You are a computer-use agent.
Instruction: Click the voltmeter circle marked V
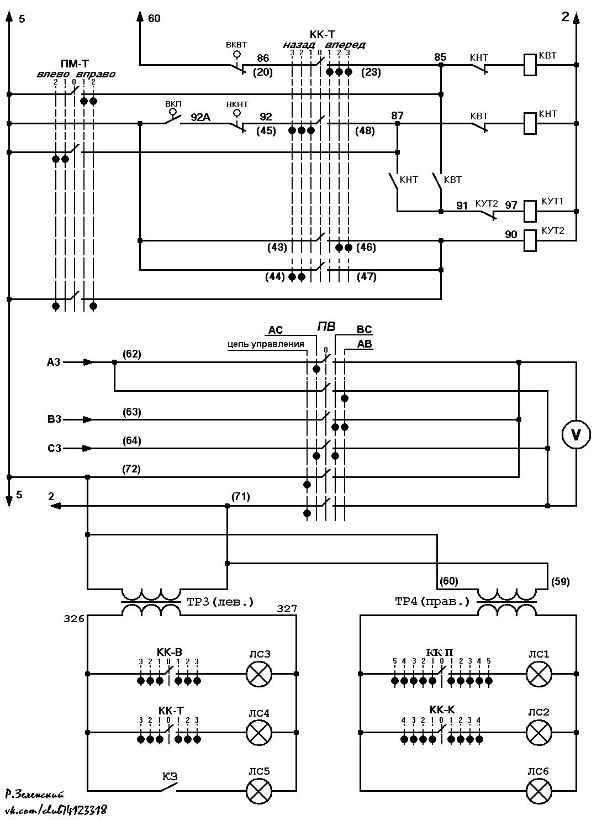tap(576, 434)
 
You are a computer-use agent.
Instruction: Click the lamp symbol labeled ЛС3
tap(258, 674)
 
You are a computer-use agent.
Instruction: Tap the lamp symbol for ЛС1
tap(538, 674)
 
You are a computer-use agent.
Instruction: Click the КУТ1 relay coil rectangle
tap(530, 211)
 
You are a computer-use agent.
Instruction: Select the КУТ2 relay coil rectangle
tap(530, 240)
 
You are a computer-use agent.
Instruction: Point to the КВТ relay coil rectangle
tap(530, 65)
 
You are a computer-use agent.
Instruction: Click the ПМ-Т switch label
tap(75, 64)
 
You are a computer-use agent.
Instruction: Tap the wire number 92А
tap(200, 118)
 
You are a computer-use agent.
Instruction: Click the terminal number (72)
tap(131, 469)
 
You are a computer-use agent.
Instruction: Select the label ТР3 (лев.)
tap(220, 602)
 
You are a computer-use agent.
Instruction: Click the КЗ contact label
tap(170, 776)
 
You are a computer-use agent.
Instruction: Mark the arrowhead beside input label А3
tap(88, 362)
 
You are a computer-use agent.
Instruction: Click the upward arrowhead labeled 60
tap(140, 15)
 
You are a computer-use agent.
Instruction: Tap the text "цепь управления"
tap(266, 344)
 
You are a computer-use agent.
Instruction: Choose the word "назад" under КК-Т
tap(299, 45)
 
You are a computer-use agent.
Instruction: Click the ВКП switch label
tap(173, 103)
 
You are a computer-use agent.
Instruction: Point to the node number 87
tap(397, 115)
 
